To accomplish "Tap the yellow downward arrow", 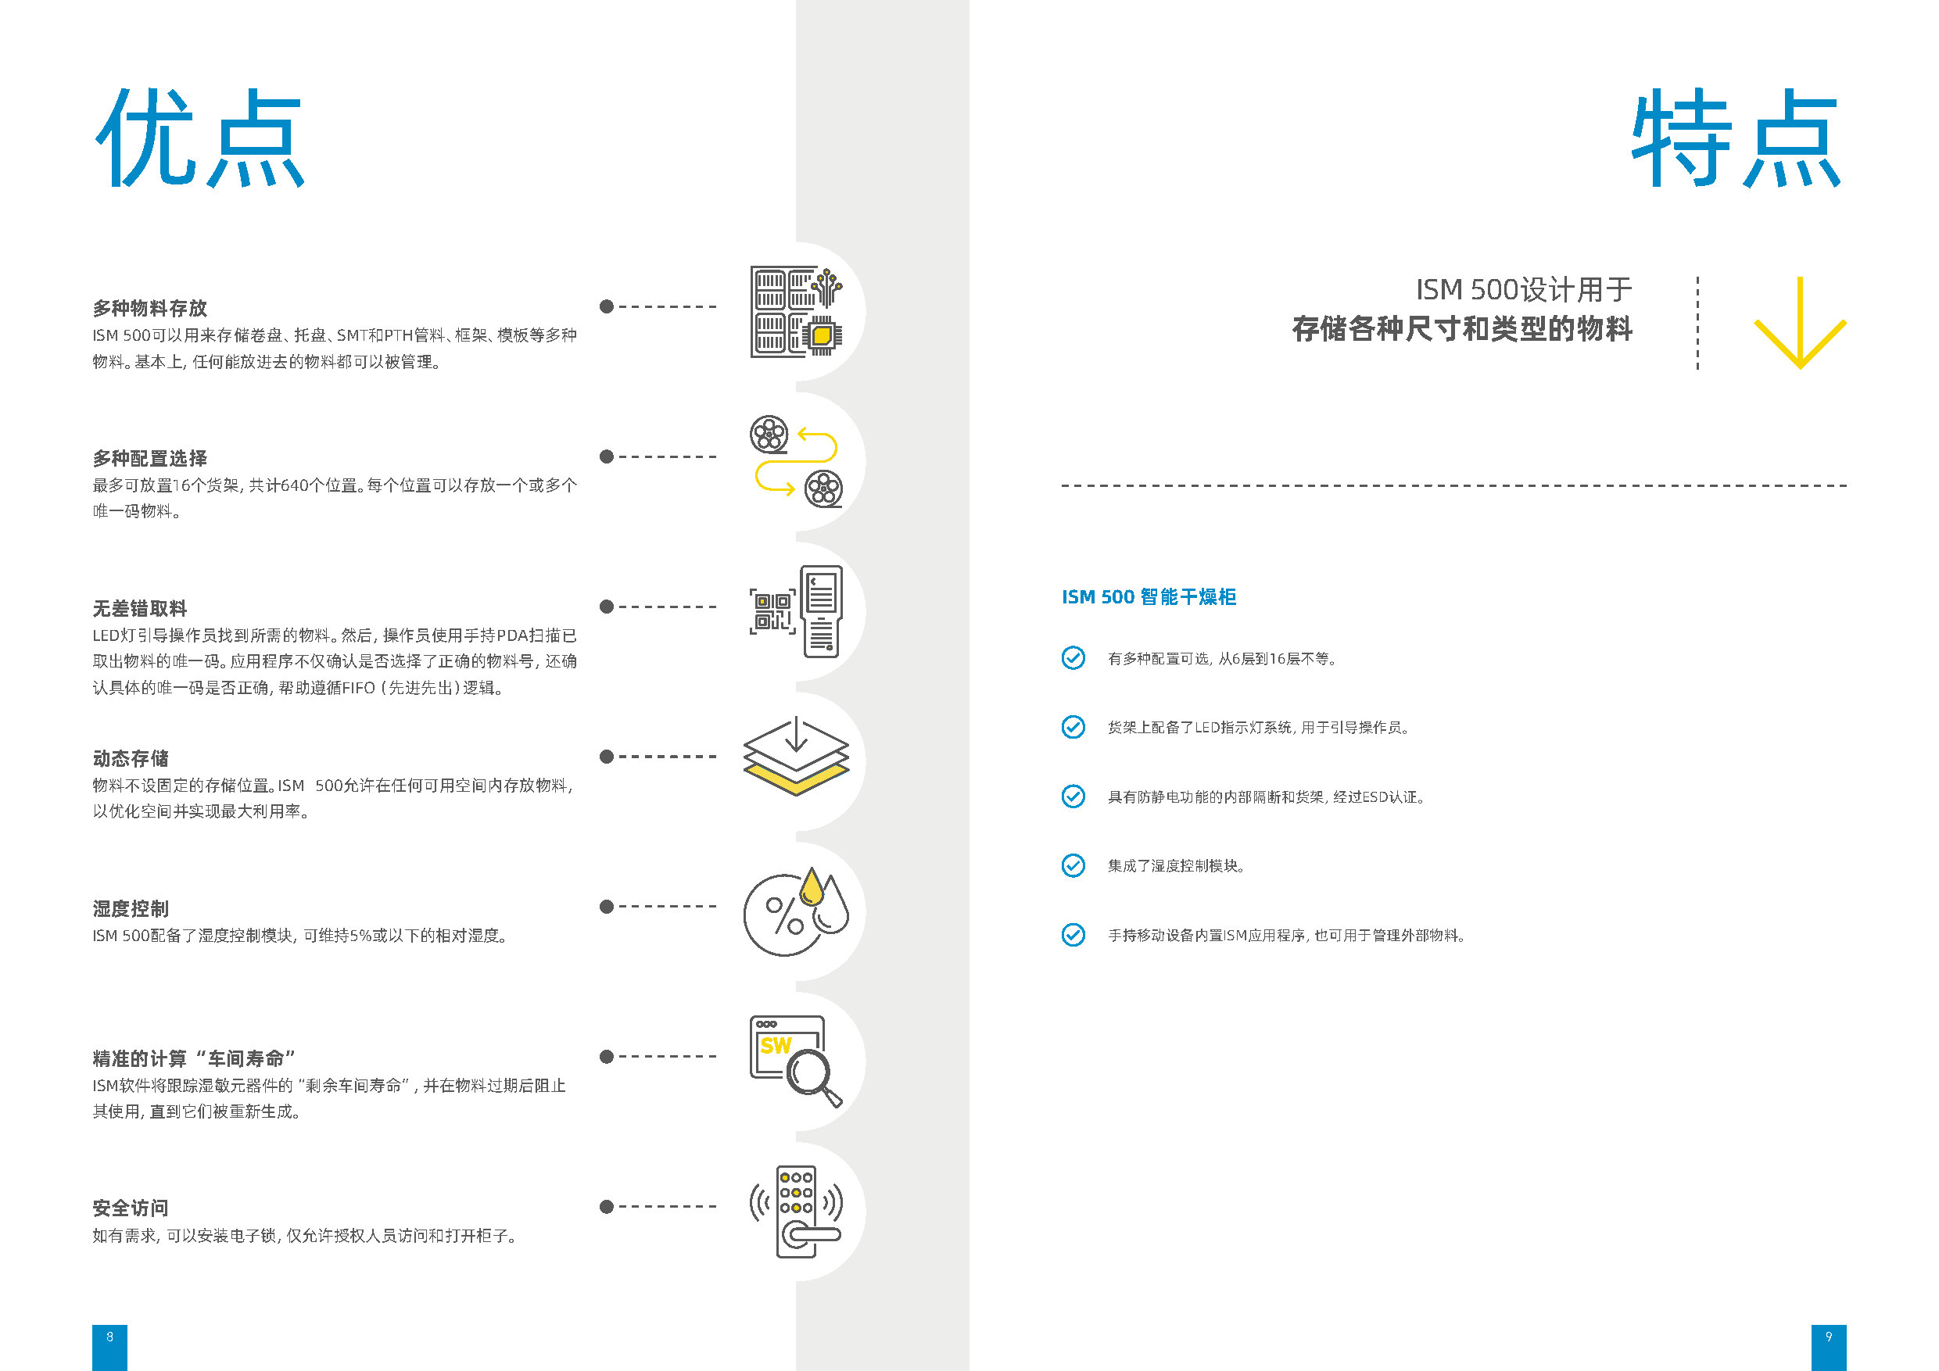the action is (1800, 324).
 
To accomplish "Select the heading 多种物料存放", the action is (149, 308).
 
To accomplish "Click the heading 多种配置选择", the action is (149, 458).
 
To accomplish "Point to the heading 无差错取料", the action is (140, 609).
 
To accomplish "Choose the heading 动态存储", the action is (131, 758).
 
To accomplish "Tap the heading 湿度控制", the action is (131, 908).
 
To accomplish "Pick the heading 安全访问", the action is (131, 1208).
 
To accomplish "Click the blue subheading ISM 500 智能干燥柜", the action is (1149, 597).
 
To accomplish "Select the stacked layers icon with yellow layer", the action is (797, 757).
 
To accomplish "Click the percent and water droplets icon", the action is (795, 911).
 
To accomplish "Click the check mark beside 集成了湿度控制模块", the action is (1073, 865).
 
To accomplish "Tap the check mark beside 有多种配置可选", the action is (1073, 657).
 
